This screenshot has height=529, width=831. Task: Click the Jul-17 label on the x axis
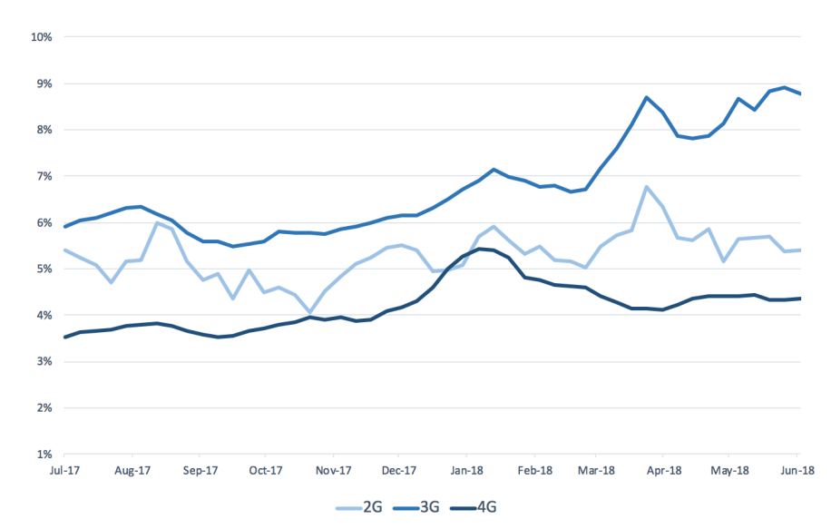click(65, 471)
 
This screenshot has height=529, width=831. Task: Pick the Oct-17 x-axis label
click(265, 471)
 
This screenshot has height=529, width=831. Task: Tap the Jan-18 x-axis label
click(466, 471)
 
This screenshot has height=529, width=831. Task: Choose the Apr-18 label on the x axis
click(664, 471)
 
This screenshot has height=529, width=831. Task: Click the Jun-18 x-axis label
click(797, 471)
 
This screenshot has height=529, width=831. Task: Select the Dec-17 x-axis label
click(399, 471)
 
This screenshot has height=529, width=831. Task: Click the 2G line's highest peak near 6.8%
click(646, 187)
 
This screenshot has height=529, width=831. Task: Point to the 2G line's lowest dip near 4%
click(310, 312)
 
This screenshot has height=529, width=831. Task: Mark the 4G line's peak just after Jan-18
click(479, 248)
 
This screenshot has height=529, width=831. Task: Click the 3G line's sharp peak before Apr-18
click(646, 97)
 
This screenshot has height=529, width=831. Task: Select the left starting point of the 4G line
click(64, 337)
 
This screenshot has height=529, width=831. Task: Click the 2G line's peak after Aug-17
click(157, 222)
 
